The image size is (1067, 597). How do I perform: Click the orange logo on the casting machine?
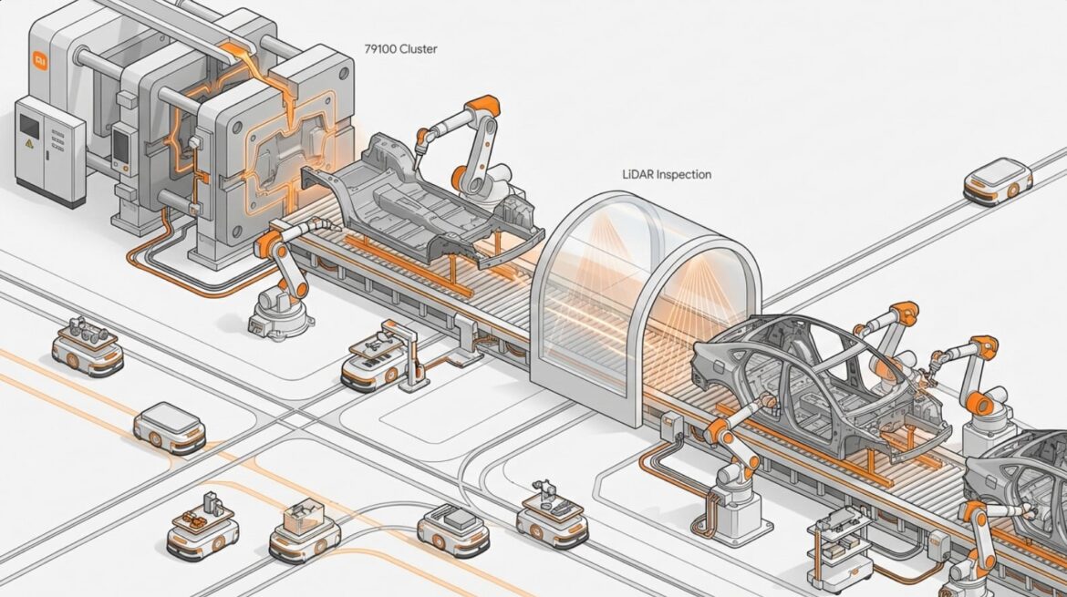[39, 60]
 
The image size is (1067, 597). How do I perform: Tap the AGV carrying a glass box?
[305, 528]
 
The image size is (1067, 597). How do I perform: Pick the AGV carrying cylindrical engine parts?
[88, 345]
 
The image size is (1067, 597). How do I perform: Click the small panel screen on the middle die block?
[119, 147]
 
